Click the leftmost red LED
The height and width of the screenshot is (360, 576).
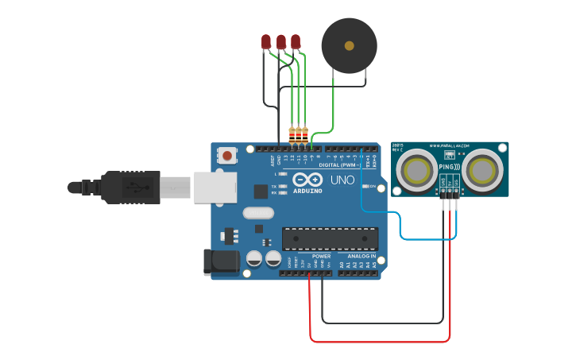266,41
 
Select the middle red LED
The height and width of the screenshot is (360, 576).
280,41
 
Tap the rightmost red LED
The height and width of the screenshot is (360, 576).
296,41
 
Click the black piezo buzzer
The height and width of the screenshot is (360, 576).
348,46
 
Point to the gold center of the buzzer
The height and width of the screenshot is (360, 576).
348,46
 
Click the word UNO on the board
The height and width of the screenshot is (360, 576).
342,180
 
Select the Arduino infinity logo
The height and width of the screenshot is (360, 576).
303,180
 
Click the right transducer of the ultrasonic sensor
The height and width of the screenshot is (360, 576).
482,171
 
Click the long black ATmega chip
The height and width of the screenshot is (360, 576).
330,238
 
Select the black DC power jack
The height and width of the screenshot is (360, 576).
220,262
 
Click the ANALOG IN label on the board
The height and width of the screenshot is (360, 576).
361,256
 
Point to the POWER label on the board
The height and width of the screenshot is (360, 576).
321,256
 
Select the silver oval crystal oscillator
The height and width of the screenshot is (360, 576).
258,212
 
